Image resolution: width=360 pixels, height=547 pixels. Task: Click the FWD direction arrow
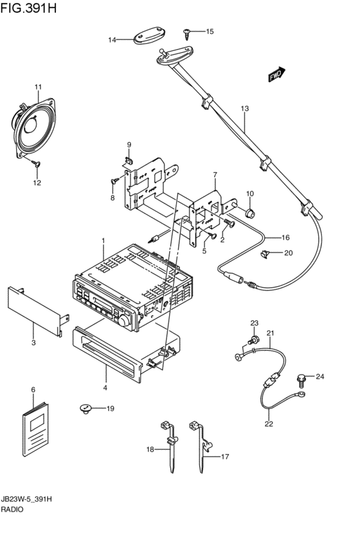(x=277, y=75)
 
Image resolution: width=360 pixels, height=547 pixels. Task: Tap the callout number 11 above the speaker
(x=38, y=87)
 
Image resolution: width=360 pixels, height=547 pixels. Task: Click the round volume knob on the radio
(x=124, y=321)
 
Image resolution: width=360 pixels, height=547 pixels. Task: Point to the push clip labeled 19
(x=85, y=408)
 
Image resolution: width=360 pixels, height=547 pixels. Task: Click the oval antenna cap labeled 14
(x=150, y=36)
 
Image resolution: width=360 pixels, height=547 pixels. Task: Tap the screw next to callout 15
(x=187, y=34)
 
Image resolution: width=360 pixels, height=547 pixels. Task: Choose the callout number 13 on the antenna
(x=244, y=109)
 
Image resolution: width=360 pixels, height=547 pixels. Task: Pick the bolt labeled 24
(x=301, y=379)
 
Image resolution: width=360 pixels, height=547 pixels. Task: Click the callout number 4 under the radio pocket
(x=105, y=388)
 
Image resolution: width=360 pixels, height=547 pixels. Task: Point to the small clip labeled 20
(x=267, y=254)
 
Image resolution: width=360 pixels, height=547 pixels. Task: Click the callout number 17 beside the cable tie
(x=225, y=456)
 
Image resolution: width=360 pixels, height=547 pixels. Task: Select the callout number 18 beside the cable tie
(x=150, y=449)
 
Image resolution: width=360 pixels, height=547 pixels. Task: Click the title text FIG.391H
(x=28, y=8)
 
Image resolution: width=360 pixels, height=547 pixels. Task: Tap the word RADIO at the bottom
(x=12, y=509)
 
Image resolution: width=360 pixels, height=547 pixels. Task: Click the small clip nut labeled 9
(x=129, y=161)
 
